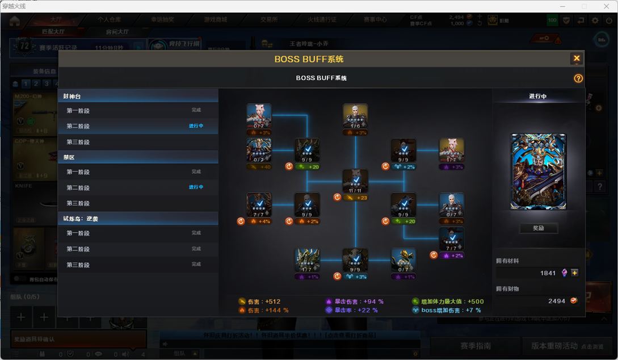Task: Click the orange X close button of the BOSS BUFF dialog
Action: [577, 58]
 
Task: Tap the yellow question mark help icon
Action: [578, 78]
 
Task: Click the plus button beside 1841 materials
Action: [575, 273]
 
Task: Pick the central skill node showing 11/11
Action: [355, 181]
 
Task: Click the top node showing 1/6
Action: [355, 116]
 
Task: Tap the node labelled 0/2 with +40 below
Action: [259, 150]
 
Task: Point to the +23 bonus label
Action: [359, 198]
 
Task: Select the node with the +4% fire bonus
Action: [259, 205]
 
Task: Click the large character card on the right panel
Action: [538, 172]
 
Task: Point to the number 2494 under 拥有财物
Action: [557, 301]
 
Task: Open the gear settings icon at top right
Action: [595, 20]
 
